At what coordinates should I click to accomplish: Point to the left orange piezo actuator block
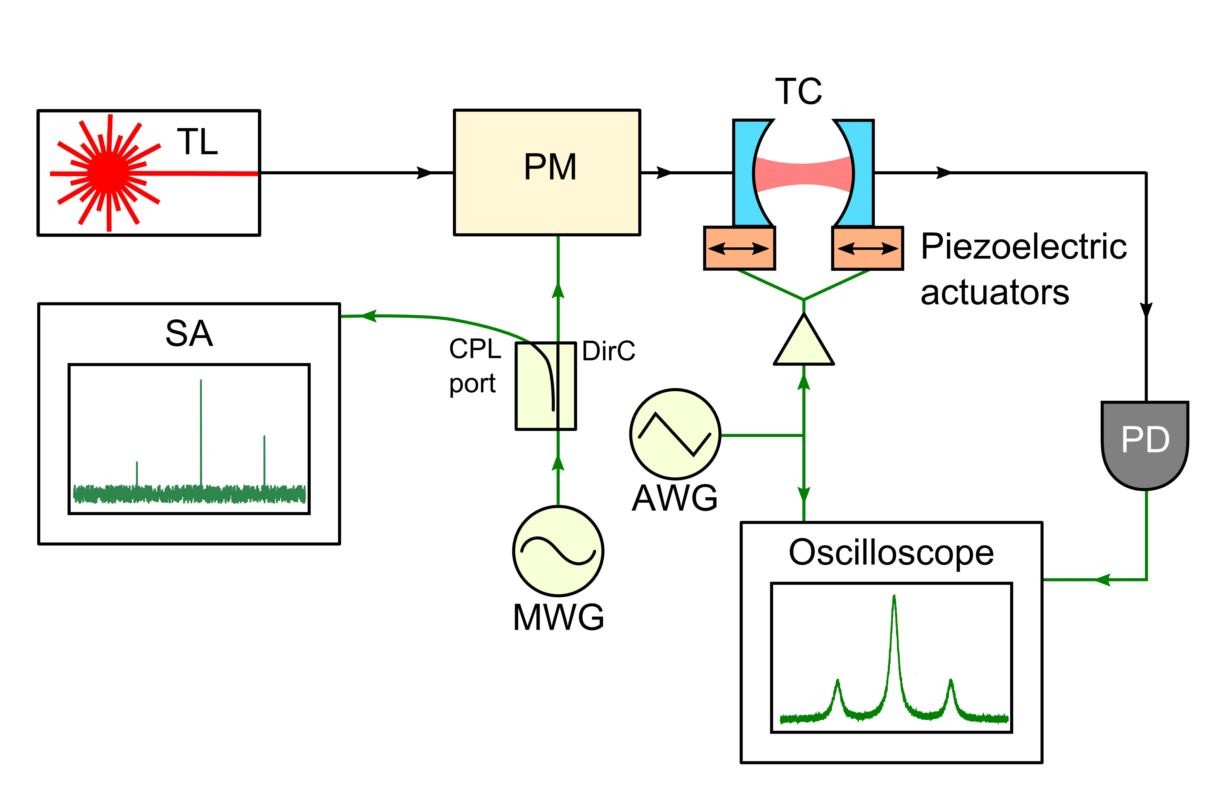click(740, 248)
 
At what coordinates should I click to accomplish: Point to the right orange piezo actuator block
click(867, 248)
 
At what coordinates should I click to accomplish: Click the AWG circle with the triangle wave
click(675, 434)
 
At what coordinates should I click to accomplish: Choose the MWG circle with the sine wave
click(558, 551)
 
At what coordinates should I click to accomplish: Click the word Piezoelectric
click(1024, 247)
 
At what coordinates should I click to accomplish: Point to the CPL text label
click(474, 350)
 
